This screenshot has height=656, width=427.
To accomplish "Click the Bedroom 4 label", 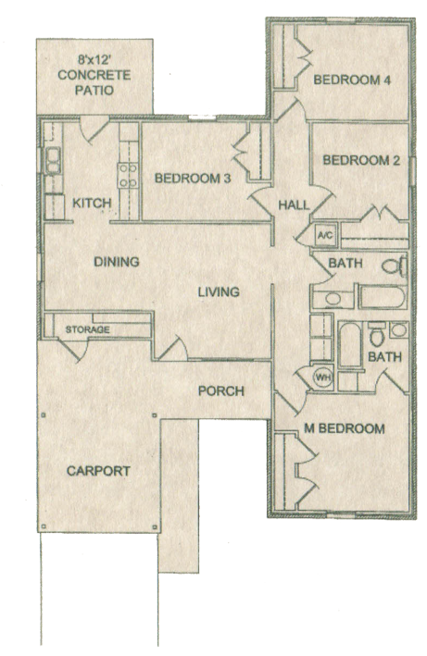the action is pyautogui.click(x=352, y=80).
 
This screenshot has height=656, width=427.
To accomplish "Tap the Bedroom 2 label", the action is pyautogui.click(x=361, y=160).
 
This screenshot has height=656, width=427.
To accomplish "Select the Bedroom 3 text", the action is pyautogui.click(x=193, y=179).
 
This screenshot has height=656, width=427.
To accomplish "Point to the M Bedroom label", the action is pyautogui.click(x=345, y=428).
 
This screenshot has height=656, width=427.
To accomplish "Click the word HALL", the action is pyautogui.click(x=295, y=205).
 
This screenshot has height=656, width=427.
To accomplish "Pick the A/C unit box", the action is pyautogui.click(x=325, y=235).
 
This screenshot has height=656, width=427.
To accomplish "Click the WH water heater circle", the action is pyautogui.click(x=323, y=378).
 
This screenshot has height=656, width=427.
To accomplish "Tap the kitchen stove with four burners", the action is pyautogui.click(x=128, y=175).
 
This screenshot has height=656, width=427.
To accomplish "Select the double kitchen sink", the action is pyautogui.click(x=53, y=160).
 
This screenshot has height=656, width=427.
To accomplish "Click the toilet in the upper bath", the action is pyautogui.click(x=395, y=266).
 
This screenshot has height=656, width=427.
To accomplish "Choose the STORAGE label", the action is pyautogui.click(x=87, y=329).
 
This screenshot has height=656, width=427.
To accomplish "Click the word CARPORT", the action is pyautogui.click(x=98, y=471).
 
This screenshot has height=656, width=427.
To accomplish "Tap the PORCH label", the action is pyautogui.click(x=221, y=391).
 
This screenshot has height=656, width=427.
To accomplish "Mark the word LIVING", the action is pyautogui.click(x=219, y=291).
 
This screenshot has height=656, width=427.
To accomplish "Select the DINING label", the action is pyautogui.click(x=117, y=262).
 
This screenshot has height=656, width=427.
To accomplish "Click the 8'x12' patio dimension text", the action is pyautogui.click(x=94, y=60).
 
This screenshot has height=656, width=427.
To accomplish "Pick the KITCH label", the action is pyautogui.click(x=92, y=204).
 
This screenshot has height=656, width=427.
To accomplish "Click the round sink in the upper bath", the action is pyautogui.click(x=333, y=299).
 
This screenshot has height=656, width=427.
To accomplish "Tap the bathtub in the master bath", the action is pyautogui.click(x=350, y=345).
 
